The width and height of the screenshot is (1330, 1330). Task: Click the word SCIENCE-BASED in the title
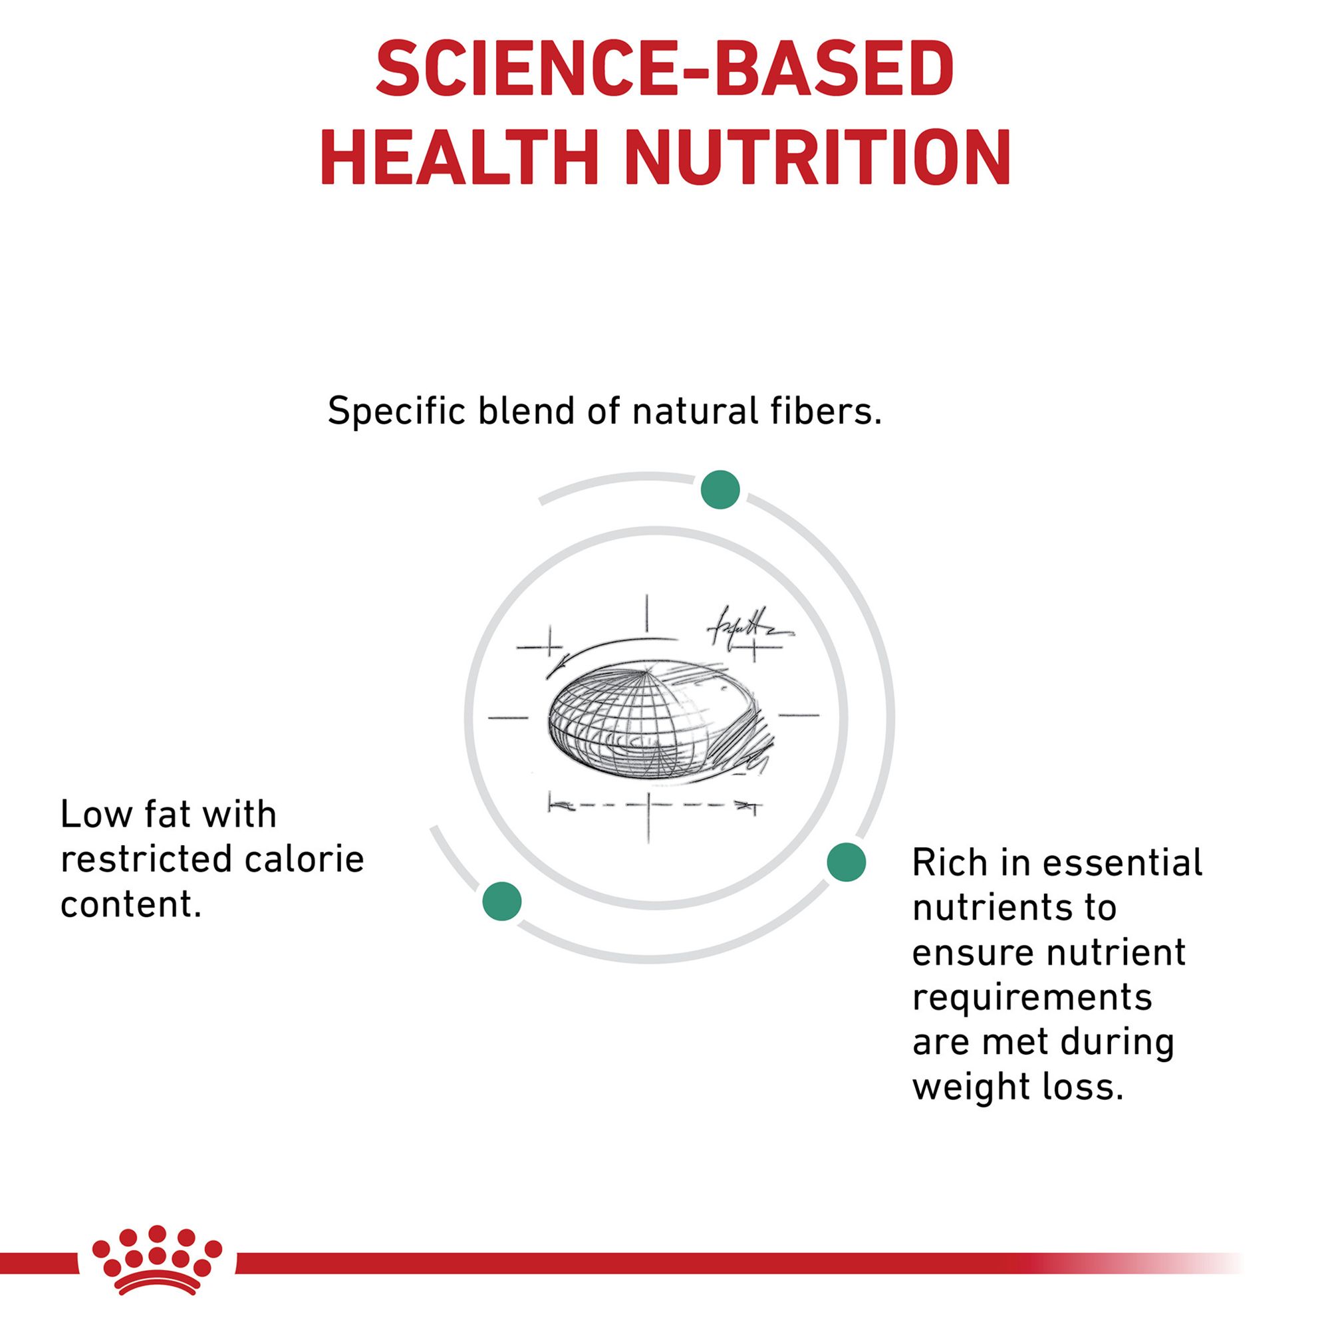tap(665, 71)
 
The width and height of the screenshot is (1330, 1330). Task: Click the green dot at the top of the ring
tap(720, 490)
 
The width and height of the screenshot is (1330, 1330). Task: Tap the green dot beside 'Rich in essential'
tap(846, 862)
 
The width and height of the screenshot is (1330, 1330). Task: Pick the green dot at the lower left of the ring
tap(502, 901)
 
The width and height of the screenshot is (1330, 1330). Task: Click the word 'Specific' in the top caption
tap(396, 412)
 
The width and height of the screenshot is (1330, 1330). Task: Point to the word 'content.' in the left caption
tap(131, 905)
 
